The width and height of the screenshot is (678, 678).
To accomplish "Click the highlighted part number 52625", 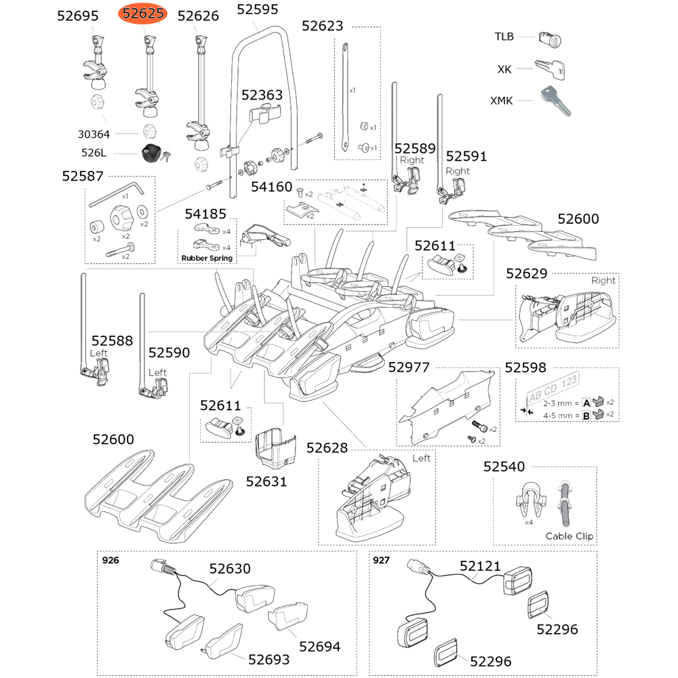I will pyautogui.click(x=143, y=14).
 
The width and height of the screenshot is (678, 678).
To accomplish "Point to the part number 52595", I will pyautogui.click(x=258, y=9).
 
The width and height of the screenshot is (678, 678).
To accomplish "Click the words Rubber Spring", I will pyautogui.click(x=207, y=258).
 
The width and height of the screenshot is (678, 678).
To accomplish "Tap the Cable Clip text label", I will pyautogui.click(x=570, y=536).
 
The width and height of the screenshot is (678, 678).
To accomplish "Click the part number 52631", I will pyautogui.click(x=266, y=481).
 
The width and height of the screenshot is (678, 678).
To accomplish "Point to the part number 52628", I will pyautogui.click(x=327, y=448).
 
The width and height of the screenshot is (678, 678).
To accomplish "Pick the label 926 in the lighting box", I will pyautogui.click(x=109, y=561).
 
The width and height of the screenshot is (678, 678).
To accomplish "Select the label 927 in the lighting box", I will pyautogui.click(x=381, y=561).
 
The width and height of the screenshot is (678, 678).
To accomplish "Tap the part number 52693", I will pyautogui.click(x=268, y=659).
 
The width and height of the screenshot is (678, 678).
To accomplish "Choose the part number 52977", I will pyautogui.click(x=409, y=367).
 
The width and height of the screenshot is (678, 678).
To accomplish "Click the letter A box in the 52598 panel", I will pyautogui.click(x=587, y=402).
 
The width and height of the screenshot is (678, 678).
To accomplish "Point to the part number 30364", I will pyautogui.click(x=94, y=135).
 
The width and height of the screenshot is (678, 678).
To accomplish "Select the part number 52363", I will pyautogui.click(x=262, y=95).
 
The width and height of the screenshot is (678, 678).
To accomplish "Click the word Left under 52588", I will pyautogui.click(x=99, y=353).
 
